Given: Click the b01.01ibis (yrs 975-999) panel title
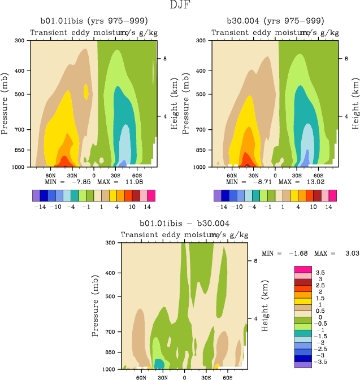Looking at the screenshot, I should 93,21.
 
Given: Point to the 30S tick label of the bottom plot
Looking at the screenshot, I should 206,377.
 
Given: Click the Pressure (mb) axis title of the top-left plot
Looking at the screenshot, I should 5,103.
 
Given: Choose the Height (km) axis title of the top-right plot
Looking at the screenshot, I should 355,103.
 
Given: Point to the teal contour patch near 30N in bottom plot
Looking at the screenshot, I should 159,364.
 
